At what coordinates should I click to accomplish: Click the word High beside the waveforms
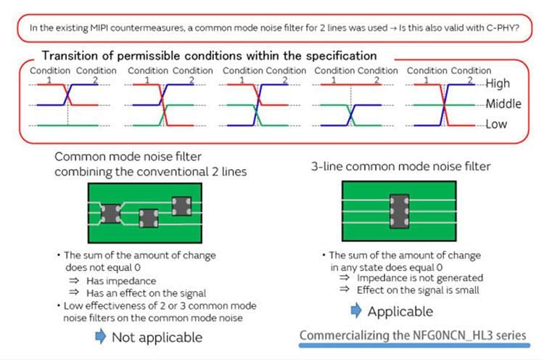pos(498,83)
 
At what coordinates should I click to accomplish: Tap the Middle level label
pos(503,104)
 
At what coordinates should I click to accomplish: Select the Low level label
pos(496,124)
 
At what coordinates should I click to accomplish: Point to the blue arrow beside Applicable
pos(356,311)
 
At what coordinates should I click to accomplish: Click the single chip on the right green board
pos(397,208)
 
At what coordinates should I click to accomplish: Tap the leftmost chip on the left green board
pos(111,212)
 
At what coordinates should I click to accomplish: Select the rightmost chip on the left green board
pos(180,205)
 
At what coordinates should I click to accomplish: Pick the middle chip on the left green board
pos(149,217)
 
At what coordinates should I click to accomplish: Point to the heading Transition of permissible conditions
pos(209,55)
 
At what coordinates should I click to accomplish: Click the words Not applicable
pos(157,337)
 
